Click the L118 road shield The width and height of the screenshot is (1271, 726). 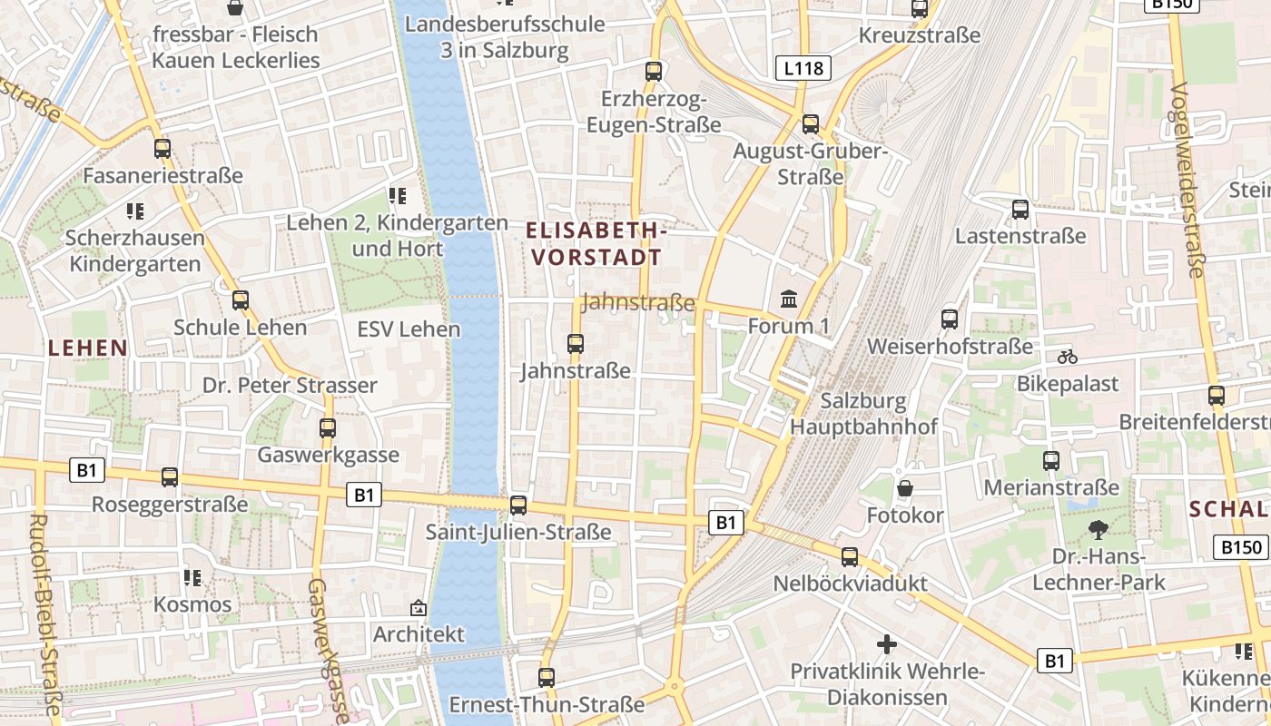point(803,67)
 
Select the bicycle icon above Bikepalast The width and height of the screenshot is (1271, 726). point(1068,357)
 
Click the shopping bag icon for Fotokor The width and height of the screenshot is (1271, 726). point(905,489)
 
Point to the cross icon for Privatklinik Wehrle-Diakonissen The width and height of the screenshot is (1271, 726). point(887,644)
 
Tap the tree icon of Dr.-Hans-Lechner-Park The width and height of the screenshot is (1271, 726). point(1099,530)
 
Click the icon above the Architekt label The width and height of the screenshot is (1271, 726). point(419,607)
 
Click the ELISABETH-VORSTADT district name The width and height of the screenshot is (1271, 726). point(597,244)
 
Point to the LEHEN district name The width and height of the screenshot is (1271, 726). point(88,348)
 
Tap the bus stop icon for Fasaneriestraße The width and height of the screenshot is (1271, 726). point(163,148)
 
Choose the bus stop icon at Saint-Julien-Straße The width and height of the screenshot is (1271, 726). point(518,505)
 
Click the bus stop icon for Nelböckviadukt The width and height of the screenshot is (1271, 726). point(850,556)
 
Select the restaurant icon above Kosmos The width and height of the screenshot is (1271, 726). point(192,577)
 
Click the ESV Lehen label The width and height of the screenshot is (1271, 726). point(409,329)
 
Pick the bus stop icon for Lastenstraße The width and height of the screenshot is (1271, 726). point(1020,210)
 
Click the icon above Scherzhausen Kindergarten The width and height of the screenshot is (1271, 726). point(135,211)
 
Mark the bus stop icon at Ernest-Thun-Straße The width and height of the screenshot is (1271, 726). point(547,677)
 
